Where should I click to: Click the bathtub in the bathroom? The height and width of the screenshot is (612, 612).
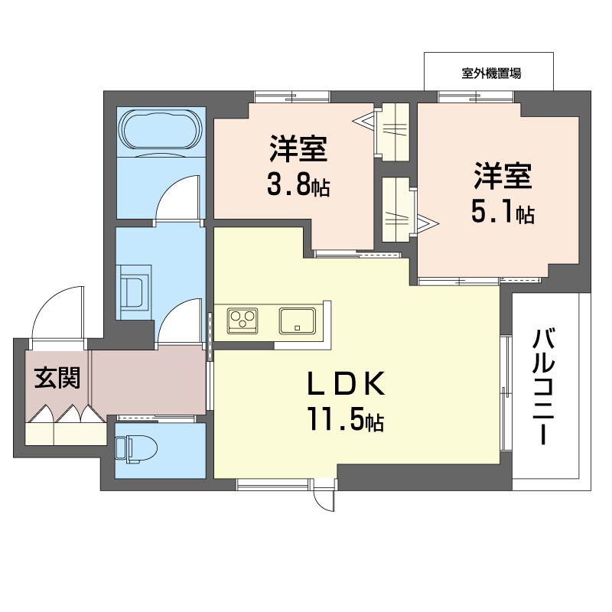[x=160, y=131]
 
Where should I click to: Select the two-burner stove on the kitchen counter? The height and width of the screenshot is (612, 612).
[x=243, y=319]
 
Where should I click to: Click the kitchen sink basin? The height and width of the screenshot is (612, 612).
[x=298, y=320]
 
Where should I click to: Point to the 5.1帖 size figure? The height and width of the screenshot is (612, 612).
[x=502, y=212]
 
